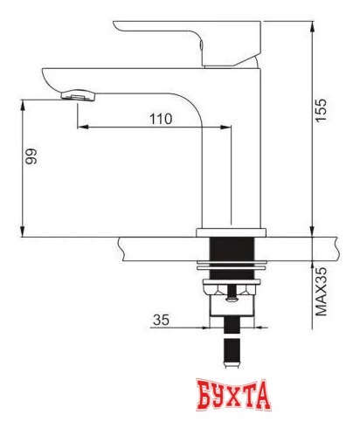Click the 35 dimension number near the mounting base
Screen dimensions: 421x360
click(x=160, y=320)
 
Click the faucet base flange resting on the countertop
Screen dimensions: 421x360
click(x=231, y=231)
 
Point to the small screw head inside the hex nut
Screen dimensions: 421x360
click(x=231, y=297)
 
